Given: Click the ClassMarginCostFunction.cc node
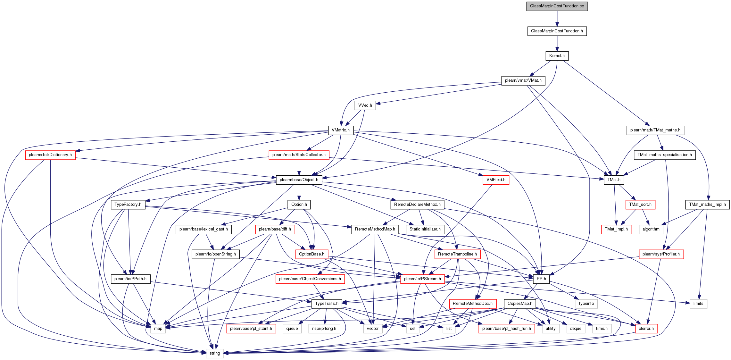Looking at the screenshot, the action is pyautogui.click(x=557, y=6).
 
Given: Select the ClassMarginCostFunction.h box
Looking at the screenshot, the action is pyautogui.click(x=557, y=31).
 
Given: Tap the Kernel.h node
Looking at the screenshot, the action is pyautogui.click(x=557, y=56).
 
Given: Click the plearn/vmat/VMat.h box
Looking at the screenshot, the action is pyautogui.click(x=523, y=80).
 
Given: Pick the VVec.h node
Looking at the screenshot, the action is pyautogui.click(x=365, y=105).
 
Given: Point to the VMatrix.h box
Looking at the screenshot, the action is pyautogui.click(x=341, y=130).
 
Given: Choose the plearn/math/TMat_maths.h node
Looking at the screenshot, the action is pyautogui.click(x=655, y=130).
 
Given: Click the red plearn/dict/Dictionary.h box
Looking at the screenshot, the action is pyautogui.click(x=50, y=155).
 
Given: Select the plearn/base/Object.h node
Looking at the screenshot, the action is pyautogui.click(x=299, y=180).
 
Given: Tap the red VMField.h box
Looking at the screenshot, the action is pyautogui.click(x=496, y=180).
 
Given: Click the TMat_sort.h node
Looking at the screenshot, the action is pyautogui.click(x=640, y=205).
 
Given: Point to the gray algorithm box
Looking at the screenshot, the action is pyautogui.click(x=651, y=229).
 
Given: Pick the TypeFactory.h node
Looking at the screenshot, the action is pyautogui.click(x=128, y=205).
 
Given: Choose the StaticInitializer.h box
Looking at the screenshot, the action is pyautogui.click(x=425, y=229).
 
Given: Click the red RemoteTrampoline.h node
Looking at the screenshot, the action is pyautogui.click(x=457, y=254).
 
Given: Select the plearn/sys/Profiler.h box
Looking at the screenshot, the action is pyautogui.click(x=661, y=254).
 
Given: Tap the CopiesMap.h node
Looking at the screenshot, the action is pyautogui.click(x=520, y=304).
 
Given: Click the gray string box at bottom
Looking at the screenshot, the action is pyautogui.click(x=215, y=353).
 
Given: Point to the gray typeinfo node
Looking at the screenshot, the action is pyautogui.click(x=586, y=304).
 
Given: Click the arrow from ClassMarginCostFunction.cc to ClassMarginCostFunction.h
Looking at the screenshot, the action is pyautogui.click(x=557, y=19).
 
